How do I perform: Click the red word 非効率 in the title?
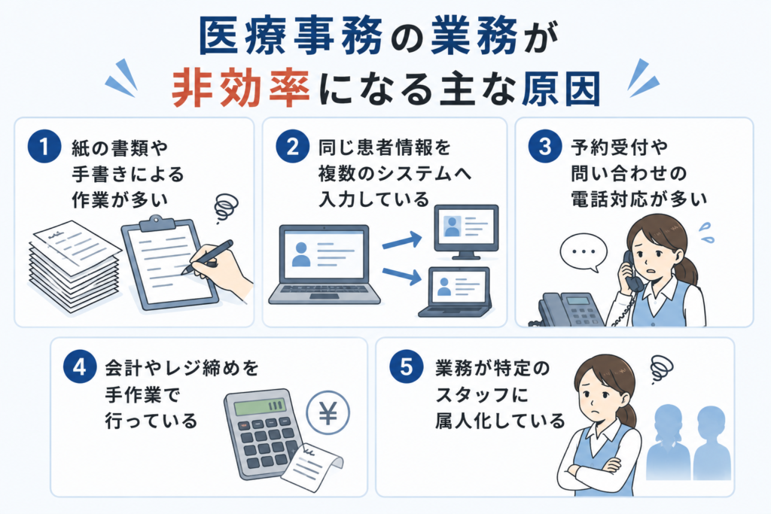pos(240,89)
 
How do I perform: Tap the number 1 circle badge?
pos(44,147)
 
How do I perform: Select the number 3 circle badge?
pos(545,147)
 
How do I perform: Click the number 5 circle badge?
pos(406,366)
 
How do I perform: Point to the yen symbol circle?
pos(328,412)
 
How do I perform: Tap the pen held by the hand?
pos(207,257)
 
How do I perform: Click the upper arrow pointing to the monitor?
pos(402,241)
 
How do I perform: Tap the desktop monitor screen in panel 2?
pos(466,228)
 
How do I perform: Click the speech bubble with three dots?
pos(584,252)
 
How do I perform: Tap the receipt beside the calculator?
pos(312,465)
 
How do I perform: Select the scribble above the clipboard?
pos(226,207)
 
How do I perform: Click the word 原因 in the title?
pos(559,89)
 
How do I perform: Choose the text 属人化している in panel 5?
pos(500,421)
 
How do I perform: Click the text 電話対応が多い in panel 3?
pos(638,199)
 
